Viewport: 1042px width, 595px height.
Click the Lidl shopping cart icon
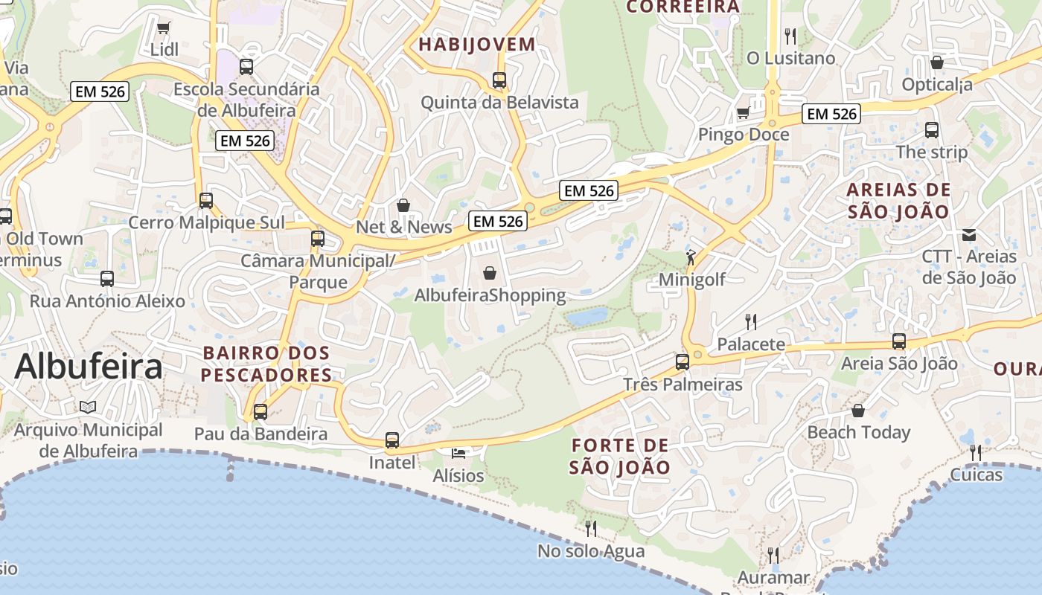tap(164, 28)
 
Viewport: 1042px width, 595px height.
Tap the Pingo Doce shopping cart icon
tap(743, 113)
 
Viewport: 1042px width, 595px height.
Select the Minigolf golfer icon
tap(691, 257)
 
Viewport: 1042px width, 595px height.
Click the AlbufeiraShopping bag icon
tap(490, 273)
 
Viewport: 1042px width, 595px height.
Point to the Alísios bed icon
tap(458, 453)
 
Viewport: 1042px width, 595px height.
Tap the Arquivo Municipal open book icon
tap(88, 408)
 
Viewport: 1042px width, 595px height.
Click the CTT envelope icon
tap(968, 234)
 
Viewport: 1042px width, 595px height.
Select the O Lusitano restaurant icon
tap(790, 36)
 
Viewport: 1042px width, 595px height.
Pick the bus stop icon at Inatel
tap(392, 440)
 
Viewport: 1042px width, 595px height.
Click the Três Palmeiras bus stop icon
tap(683, 362)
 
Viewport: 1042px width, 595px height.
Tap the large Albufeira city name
tap(89, 367)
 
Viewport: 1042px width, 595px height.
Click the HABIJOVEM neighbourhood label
tap(476, 44)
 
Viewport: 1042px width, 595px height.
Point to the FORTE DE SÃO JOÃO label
tap(620, 457)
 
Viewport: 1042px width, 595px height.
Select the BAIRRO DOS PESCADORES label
tap(266, 364)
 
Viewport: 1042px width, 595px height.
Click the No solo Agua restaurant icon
tap(591, 529)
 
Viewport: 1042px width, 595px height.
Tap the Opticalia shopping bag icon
tap(937, 62)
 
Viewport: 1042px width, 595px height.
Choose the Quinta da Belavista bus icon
tap(499, 80)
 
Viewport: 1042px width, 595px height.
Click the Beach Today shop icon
tap(858, 411)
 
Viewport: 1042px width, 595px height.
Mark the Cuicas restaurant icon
tap(975, 452)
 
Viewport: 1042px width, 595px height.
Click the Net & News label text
tap(404, 227)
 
